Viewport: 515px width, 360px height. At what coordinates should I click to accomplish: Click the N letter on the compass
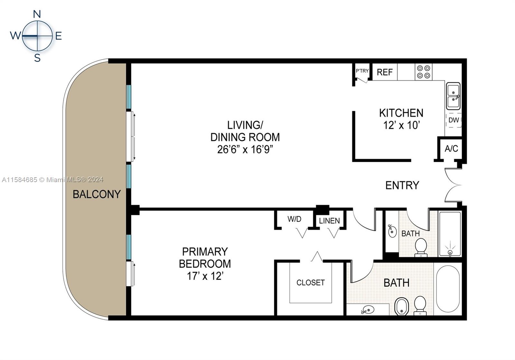tap(37, 14)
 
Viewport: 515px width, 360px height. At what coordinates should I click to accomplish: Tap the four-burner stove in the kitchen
tap(424, 72)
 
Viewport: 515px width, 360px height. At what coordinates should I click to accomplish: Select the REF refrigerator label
tap(385, 72)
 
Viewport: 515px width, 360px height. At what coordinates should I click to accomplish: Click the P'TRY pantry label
tap(362, 71)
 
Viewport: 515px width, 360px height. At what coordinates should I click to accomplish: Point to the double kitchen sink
tap(453, 96)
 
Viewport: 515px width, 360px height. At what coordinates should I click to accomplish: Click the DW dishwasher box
tap(454, 120)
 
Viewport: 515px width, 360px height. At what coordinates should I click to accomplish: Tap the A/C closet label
tap(451, 149)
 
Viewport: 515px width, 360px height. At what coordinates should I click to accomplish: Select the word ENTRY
tap(402, 185)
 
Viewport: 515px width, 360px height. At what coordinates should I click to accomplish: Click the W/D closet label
tap(294, 219)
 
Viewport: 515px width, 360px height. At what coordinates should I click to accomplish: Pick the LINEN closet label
tap(329, 221)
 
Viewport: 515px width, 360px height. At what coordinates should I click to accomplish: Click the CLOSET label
tap(310, 282)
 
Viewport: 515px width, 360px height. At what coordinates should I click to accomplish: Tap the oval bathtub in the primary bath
tap(448, 289)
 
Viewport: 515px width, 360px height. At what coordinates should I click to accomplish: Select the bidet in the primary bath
tap(401, 307)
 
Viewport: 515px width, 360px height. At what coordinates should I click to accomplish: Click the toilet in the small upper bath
tap(421, 248)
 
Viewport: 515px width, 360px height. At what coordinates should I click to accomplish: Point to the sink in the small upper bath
tap(392, 231)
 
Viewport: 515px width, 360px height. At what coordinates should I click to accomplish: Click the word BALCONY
tap(97, 194)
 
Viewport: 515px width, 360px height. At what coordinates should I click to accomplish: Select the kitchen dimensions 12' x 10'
tap(401, 125)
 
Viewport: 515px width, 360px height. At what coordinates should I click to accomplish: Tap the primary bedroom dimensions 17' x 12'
tap(205, 276)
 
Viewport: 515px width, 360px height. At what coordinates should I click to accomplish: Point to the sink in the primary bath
tap(368, 310)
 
